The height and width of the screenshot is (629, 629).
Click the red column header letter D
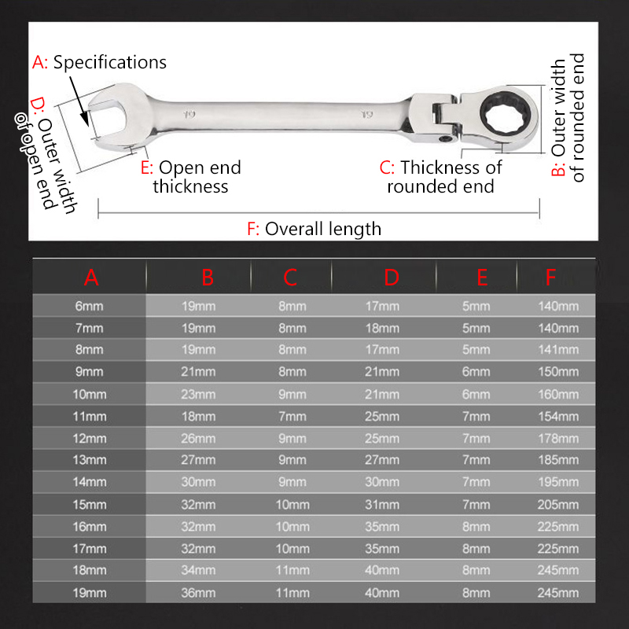tap(391, 278)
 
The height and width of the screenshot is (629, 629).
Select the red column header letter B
tap(208, 278)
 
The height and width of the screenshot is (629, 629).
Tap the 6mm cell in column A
tap(89, 306)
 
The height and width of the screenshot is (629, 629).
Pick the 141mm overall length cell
tap(558, 349)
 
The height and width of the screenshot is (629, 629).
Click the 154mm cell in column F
tap(558, 417)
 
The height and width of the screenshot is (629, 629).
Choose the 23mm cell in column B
tap(198, 395)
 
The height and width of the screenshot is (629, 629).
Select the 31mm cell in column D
tap(382, 505)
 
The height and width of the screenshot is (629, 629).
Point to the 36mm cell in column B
tap(198, 593)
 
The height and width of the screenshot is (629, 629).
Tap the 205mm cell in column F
tap(558, 505)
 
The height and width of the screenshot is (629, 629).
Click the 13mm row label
tap(90, 460)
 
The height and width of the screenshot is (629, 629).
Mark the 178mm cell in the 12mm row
tap(558, 439)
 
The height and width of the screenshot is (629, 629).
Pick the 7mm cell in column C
tap(292, 417)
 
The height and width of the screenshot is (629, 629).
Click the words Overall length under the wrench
tap(323, 229)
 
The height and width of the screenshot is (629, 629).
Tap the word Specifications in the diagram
tap(110, 63)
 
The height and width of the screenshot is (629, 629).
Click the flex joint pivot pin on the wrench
tap(444, 139)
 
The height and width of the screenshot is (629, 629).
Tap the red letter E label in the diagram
tap(146, 167)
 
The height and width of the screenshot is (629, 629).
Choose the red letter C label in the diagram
tap(387, 167)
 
